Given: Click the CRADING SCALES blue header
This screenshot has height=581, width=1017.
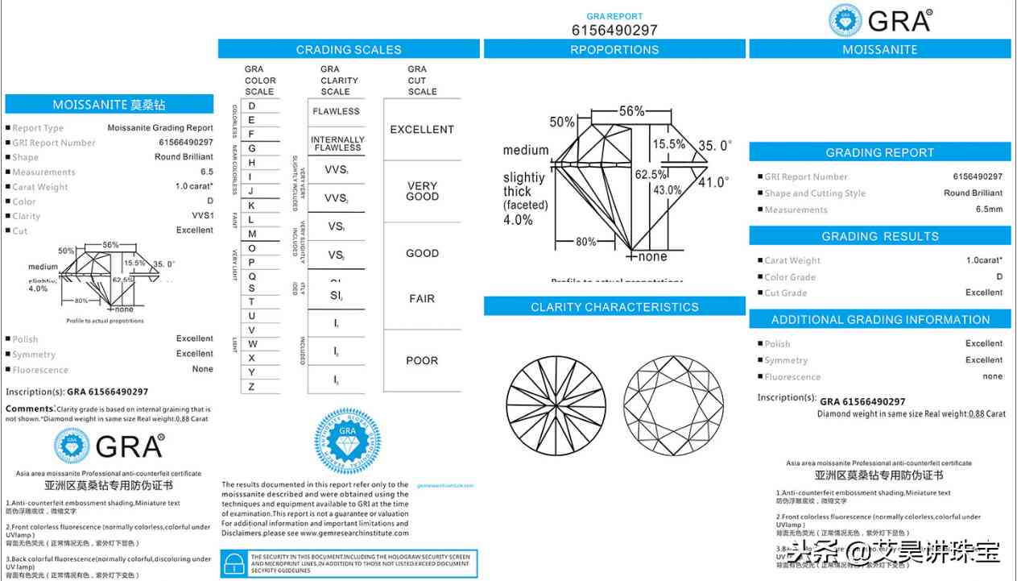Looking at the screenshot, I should click(349, 49).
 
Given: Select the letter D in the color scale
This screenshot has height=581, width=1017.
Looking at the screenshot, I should click(252, 106).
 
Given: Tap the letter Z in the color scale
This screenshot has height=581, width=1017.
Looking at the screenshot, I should click(252, 387).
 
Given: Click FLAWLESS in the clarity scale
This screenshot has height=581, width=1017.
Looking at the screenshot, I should click(337, 111).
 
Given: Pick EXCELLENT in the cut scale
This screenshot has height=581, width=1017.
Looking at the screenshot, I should click(422, 129).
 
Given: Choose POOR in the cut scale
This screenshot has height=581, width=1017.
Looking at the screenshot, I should click(422, 360).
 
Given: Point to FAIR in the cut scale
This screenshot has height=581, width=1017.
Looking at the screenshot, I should click(422, 298).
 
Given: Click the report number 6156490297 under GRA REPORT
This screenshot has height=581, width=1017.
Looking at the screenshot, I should click(614, 30).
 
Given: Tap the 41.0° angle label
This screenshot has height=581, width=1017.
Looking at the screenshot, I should click(713, 183).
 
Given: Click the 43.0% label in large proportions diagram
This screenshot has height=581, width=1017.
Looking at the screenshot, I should click(668, 190).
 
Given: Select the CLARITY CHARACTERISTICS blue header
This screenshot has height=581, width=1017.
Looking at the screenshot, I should click(614, 307).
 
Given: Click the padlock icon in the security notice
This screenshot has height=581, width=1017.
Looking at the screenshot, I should click(234, 562).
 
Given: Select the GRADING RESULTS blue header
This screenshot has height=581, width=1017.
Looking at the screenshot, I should click(879, 236).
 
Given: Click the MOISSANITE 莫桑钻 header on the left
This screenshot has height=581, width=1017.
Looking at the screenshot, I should click(110, 105).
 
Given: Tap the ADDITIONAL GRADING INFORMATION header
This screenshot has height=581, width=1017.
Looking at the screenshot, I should click(880, 319).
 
